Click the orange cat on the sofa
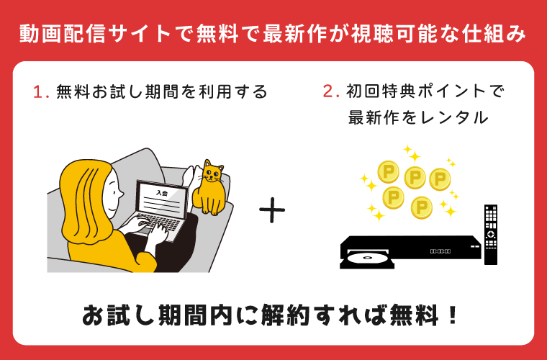(210, 189)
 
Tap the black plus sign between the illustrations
(272, 210)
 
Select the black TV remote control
(491, 234)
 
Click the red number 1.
(37, 92)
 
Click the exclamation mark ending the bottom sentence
(452, 315)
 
